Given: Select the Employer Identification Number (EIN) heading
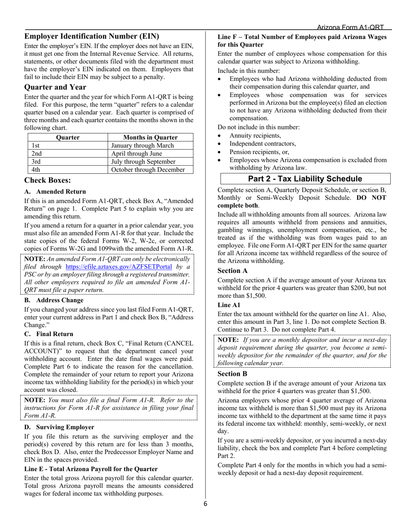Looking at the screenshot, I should [x=92, y=36].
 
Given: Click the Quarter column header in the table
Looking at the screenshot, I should [x=68, y=138].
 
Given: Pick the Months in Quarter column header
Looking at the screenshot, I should [x=151, y=138].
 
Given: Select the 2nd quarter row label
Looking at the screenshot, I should [x=37, y=154].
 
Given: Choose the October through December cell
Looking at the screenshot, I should [x=148, y=170].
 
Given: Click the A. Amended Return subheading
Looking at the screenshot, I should [x=55, y=191].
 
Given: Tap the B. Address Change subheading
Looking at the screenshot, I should [x=54, y=300].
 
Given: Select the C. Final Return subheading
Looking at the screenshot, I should [x=48, y=334].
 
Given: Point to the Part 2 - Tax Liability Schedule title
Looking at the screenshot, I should [x=305, y=179].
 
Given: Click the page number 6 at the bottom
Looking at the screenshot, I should [x=205, y=503].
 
